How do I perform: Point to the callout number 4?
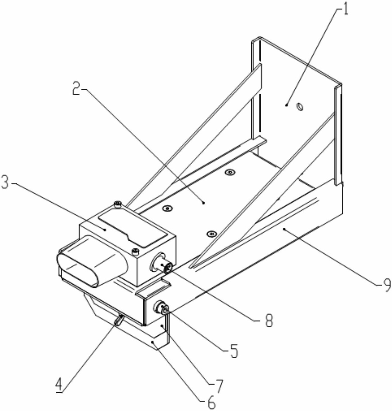tap(59, 385)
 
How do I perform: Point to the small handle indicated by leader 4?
tap(119, 319)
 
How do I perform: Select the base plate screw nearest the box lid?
tap(167, 208)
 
